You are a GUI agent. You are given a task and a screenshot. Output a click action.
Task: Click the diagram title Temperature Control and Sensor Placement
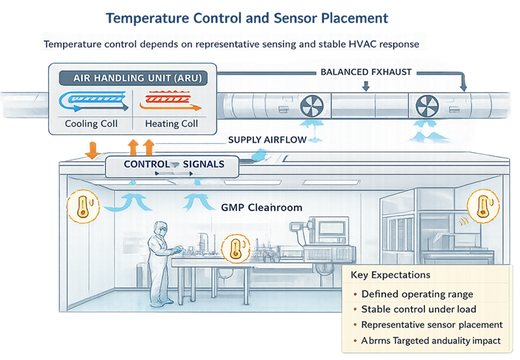coord(248,18)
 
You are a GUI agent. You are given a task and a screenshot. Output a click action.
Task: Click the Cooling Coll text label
coord(91,123)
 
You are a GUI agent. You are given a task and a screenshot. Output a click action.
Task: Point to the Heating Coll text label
coord(171,123)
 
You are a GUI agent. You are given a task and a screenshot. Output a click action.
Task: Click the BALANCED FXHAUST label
coord(366,72)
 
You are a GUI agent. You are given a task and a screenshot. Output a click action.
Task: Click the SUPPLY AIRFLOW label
coord(263,140)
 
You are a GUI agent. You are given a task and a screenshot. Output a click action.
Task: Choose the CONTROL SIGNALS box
coord(174,165)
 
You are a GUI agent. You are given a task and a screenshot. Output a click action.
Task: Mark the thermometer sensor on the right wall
coord(482,206)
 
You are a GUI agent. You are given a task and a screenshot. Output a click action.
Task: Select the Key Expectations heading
coord(390,275)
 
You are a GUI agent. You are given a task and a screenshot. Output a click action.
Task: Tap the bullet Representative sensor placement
coord(432,325)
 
